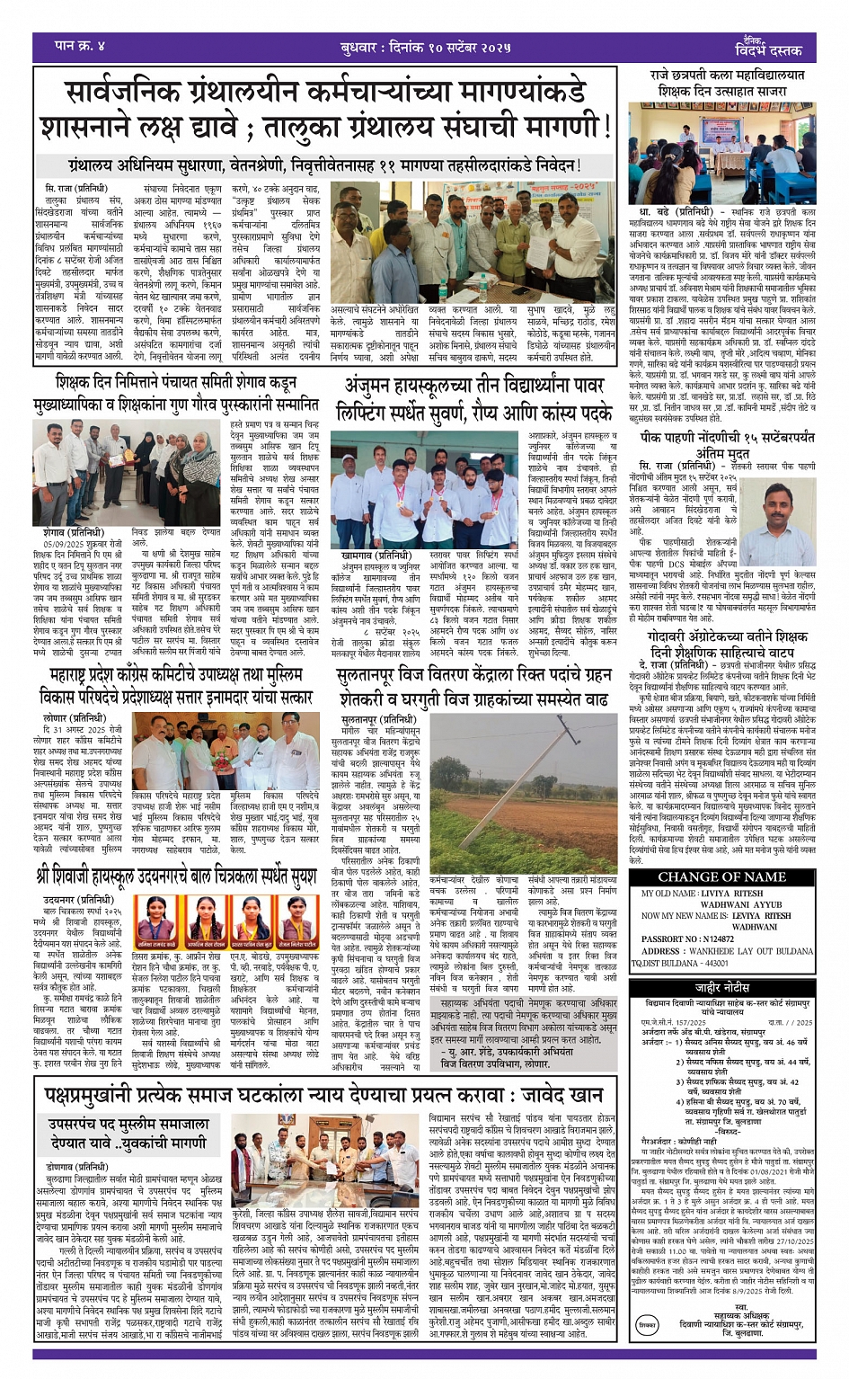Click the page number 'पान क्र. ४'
click(x=80, y=45)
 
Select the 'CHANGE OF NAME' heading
click(x=721, y=876)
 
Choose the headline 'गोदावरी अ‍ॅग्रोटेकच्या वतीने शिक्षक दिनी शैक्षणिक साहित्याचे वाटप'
click(x=728, y=644)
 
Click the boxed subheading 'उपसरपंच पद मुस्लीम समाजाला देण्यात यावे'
click(x=128, y=1134)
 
